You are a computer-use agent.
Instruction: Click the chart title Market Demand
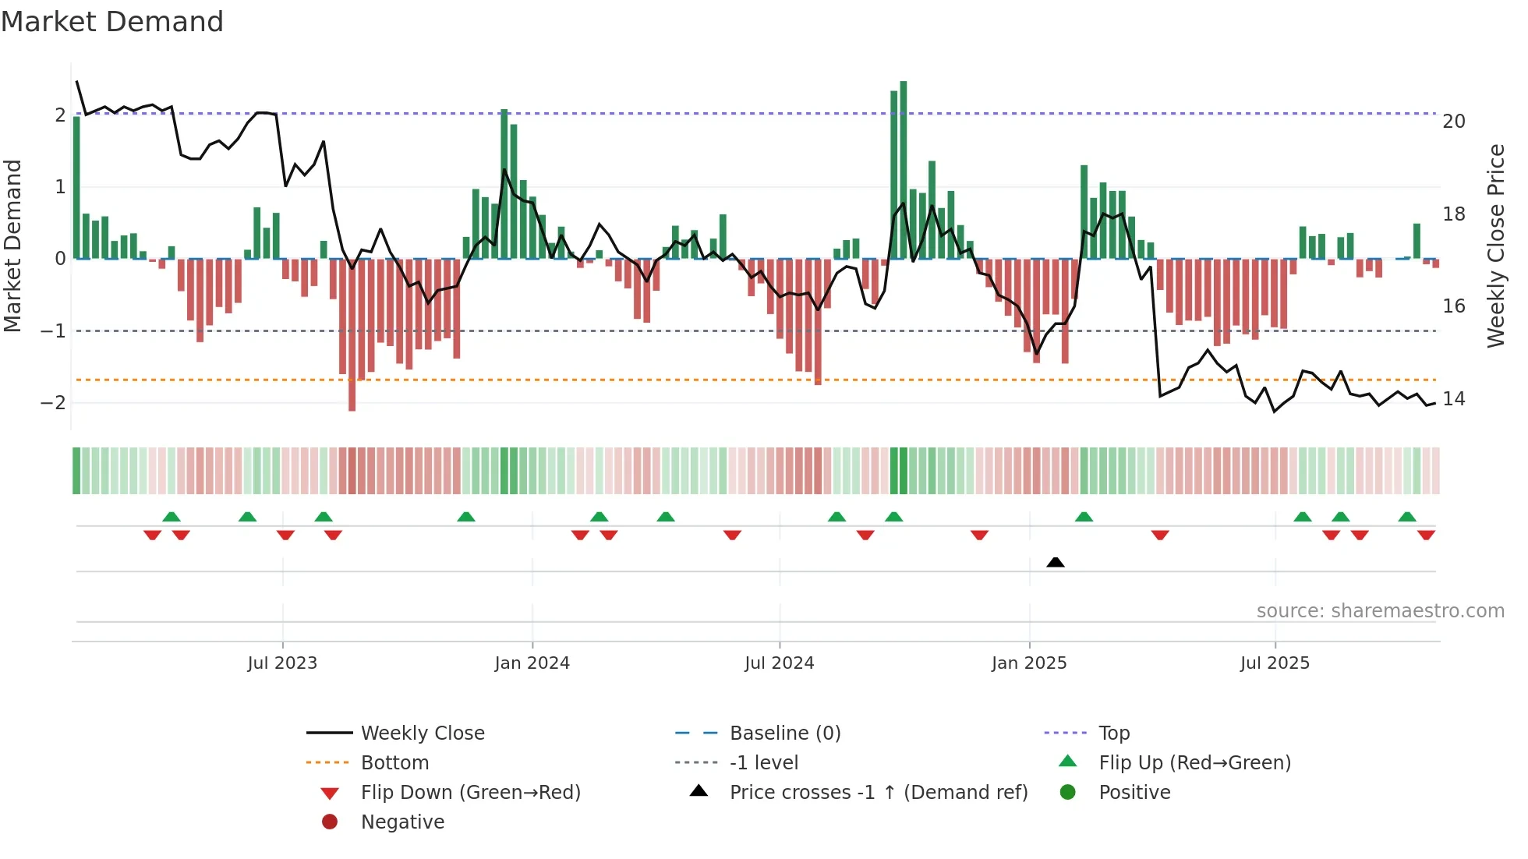[x=112, y=22]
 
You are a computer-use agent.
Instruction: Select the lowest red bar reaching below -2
[x=352, y=335]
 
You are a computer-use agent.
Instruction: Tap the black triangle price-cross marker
[x=1055, y=562]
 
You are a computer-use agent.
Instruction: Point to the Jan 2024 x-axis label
[x=532, y=663]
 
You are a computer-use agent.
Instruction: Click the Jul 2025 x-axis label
[x=1275, y=663]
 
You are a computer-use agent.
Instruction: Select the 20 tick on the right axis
[x=1453, y=121]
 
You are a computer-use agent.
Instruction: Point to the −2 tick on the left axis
[x=53, y=403]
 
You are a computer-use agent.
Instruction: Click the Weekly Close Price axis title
[x=1495, y=246]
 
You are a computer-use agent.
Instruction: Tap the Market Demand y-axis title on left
[x=12, y=246]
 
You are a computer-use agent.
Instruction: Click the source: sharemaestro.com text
[x=1380, y=610]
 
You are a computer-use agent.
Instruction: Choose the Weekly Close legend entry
[x=422, y=733]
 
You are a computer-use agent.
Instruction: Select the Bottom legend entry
[x=394, y=762]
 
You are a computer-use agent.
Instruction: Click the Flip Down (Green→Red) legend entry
[x=470, y=792]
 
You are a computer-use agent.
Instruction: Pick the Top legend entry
[x=1113, y=733]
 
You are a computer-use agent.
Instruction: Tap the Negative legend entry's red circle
[x=330, y=822]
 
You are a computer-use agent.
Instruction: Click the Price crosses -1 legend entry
[x=878, y=792]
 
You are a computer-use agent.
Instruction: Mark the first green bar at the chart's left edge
[x=76, y=188]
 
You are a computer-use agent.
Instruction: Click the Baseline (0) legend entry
[x=784, y=733]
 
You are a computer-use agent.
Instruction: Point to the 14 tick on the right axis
[x=1453, y=399]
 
